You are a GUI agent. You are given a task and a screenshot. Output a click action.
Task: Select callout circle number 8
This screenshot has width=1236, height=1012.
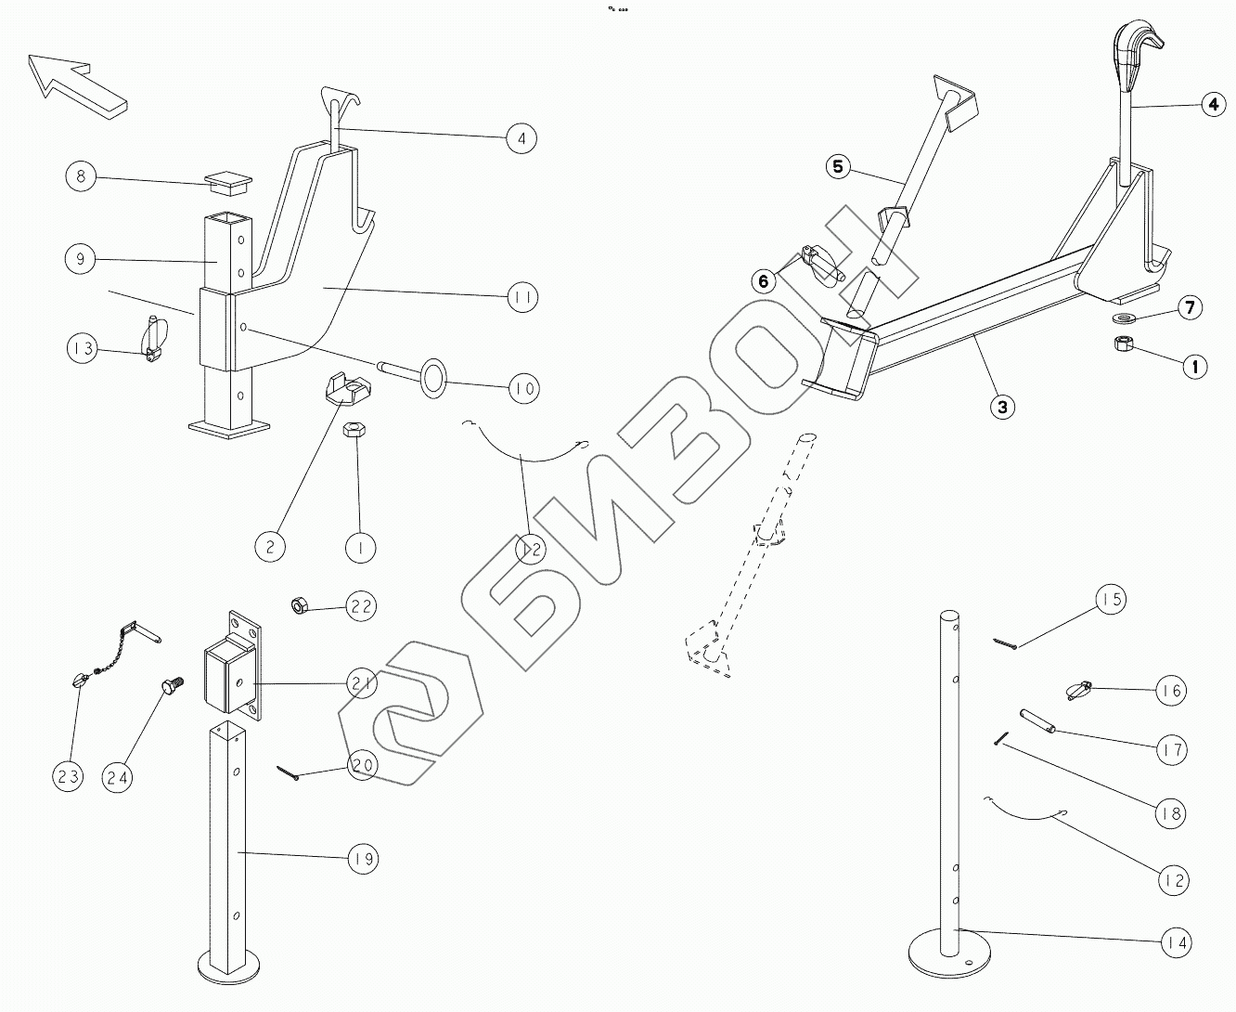point(82,176)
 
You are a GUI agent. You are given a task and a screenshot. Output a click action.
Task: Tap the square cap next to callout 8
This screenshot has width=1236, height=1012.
point(226,180)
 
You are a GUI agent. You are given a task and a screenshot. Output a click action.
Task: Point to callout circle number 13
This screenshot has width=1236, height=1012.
point(82,349)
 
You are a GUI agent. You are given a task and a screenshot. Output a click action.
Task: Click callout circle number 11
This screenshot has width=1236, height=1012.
point(522,297)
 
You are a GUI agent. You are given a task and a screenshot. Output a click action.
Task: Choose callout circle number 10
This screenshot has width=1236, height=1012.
point(522,387)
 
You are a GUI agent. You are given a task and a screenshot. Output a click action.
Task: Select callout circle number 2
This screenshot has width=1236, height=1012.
point(270,546)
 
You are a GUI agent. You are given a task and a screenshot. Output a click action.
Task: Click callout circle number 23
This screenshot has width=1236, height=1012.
point(68,775)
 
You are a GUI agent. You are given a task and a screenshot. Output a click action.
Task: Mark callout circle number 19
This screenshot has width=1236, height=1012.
point(363,859)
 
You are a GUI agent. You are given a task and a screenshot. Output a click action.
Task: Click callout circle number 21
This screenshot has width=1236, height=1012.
point(362,684)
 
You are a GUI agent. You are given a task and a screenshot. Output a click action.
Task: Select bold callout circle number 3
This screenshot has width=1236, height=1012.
point(1002,406)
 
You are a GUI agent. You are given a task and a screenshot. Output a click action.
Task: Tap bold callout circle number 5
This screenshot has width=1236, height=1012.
point(838,167)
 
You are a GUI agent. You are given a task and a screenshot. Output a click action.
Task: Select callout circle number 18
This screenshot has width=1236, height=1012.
point(1171,814)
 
